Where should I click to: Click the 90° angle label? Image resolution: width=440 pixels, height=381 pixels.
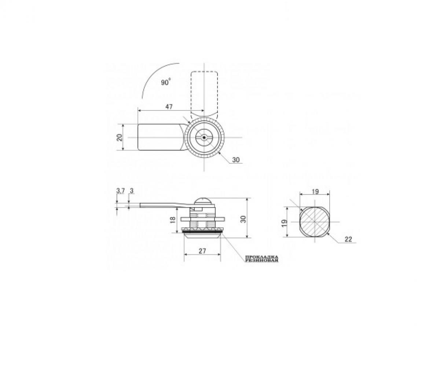(x=166, y=83)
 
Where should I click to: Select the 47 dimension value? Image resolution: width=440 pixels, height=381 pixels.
(x=169, y=107)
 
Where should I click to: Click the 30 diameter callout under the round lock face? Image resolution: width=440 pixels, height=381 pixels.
(x=236, y=160)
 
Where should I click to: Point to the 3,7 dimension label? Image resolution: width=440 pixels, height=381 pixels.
(x=121, y=191)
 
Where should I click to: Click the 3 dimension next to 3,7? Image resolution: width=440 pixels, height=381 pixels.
(x=131, y=191)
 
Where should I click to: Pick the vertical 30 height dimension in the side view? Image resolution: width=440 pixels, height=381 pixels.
(x=243, y=219)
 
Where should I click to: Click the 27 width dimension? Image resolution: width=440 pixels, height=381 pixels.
(x=202, y=251)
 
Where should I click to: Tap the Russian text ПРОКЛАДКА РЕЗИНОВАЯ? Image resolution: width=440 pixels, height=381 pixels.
(x=261, y=259)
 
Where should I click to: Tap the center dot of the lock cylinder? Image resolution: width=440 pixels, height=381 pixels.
(x=203, y=138)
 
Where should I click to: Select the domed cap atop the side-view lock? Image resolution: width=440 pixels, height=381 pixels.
(x=202, y=201)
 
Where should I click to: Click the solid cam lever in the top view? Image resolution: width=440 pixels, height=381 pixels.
(x=159, y=137)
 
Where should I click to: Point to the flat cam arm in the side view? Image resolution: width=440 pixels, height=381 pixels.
(x=161, y=206)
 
